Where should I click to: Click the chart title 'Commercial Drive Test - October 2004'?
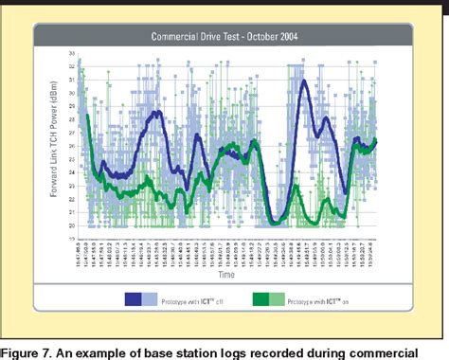point(224,37)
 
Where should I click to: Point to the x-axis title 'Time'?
point(224,275)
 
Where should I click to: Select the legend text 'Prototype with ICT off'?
point(189,299)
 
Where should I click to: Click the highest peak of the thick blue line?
point(303,81)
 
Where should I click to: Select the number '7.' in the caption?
point(52,341)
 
